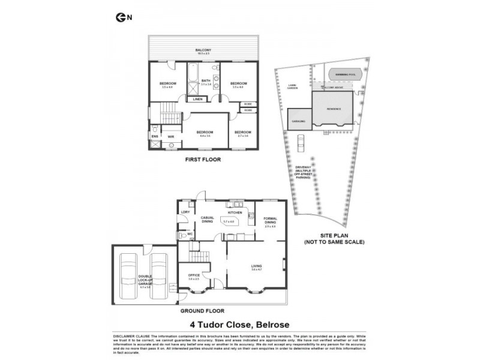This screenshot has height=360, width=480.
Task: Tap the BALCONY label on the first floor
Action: (205, 50)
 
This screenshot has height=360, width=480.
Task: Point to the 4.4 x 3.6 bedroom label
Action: (205, 133)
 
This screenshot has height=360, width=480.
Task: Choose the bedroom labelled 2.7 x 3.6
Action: (242, 133)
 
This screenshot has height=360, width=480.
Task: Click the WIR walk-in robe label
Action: (171, 137)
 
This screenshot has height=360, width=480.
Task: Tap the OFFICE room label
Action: (194, 275)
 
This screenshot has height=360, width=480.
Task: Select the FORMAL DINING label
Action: (269, 221)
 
